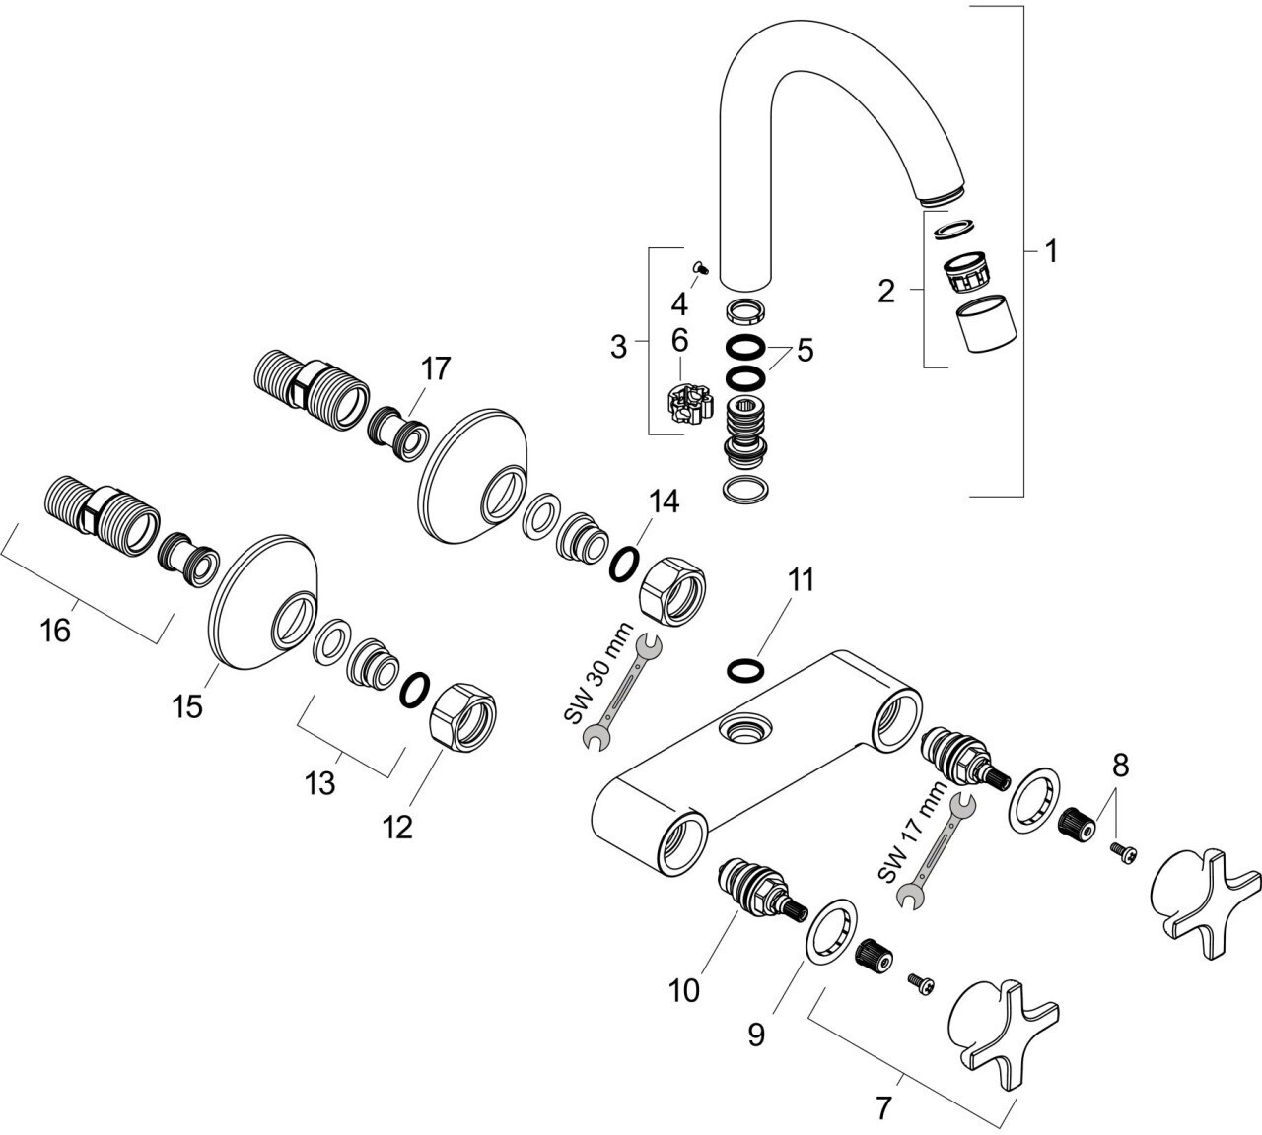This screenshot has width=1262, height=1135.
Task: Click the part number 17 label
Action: (x=436, y=368)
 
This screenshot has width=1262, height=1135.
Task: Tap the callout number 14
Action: (x=665, y=501)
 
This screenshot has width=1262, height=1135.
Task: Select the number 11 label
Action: (x=802, y=579)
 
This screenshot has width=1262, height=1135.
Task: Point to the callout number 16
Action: (x=55, y=630)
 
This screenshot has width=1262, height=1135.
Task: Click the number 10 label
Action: (x=684, y=990)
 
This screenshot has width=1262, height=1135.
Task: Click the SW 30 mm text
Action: (x=598, y=673)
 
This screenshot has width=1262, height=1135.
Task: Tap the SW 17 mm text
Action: (x=912, y=832)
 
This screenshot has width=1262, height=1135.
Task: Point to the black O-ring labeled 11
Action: (x=745, y=670)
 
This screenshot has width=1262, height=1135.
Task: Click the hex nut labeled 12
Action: (x=462, y=716)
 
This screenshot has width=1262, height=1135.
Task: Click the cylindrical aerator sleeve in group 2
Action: (x=986, y=324)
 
